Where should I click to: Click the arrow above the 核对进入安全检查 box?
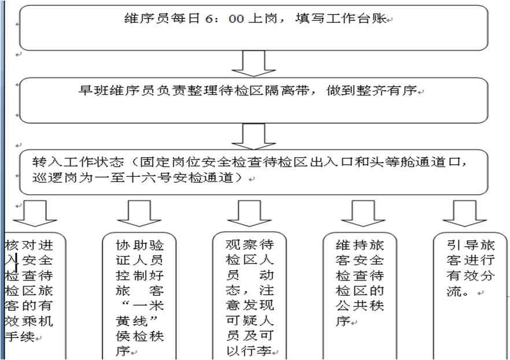[x=35, y=213]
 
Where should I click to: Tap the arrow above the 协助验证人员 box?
[x=139, y=213]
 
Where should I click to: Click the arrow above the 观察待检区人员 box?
[x=249, y=213]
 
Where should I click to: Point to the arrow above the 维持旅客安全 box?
[x=363, y=213]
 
